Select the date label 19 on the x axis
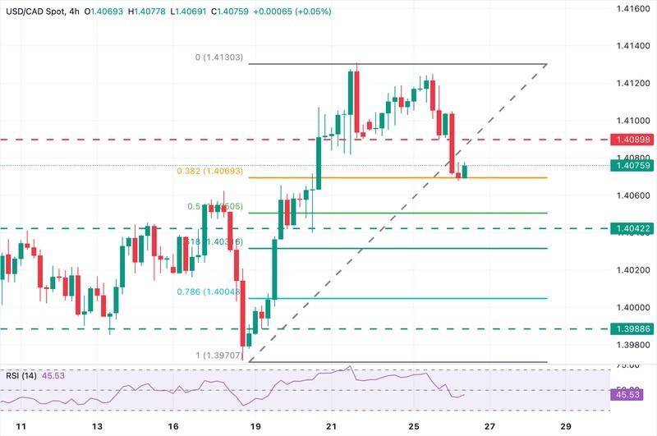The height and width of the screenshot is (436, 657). pos(255,427)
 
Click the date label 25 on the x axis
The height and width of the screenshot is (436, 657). pos(414,427)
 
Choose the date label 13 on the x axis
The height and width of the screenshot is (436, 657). pos(97,427)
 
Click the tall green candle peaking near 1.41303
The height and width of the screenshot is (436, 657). pos(351,103)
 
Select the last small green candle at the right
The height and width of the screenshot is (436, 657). pos(466,171)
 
